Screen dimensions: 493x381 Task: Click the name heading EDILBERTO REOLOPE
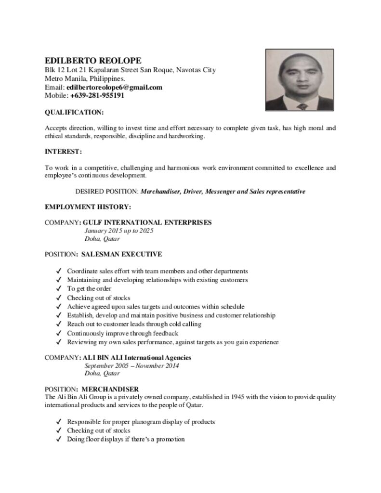point(93,61)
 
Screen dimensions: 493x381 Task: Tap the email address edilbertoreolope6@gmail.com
point(114,87)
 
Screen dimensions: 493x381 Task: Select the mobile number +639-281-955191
point(97,95)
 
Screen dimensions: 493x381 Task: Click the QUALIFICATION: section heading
point(74,112)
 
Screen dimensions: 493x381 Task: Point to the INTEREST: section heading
point(63,152)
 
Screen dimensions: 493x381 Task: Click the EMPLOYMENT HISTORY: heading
point(88,207)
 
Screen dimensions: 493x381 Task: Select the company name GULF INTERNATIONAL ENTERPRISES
point(147,222)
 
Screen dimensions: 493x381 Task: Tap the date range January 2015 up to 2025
point(118,231)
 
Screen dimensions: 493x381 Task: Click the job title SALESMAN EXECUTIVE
point(121,254)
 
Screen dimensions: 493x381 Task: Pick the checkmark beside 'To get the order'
point(58,289)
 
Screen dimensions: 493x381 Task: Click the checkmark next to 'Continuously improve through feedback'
point(58,333)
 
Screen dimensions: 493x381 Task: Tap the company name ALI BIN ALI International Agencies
point(137,358)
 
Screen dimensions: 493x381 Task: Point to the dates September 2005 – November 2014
point(131,366)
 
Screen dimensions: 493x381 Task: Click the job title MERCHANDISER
point(110,389)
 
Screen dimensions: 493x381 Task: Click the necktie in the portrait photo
point(302,106)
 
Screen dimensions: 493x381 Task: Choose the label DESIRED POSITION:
point(107,191)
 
